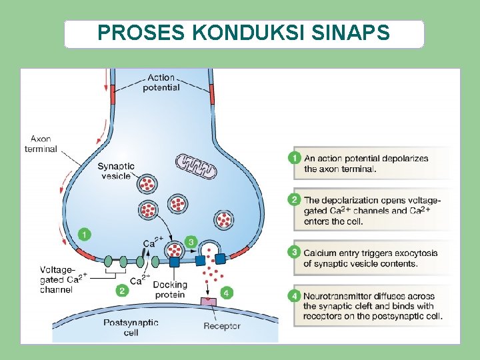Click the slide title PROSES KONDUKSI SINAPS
pyautogui.click(x=243, y=33)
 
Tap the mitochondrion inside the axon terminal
pyautogui.click(x=196, y=166)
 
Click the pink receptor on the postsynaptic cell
pyautogui.click(x=209, y=303)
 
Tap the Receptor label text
pyautogui.click(x=222, y=326)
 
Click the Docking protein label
pyautogui.click(x=170, y=290)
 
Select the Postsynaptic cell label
pyautogui.click(x=131, y=327)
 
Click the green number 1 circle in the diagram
pyautogui.click(x=84, y=234)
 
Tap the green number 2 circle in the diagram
pyautogui.click(x=121, y=291)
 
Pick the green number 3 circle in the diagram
pyautogui.click(x=191, y=241)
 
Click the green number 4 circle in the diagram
pyautogui.click(x=227, y=293)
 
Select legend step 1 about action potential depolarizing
pyautogui.click(x=366, y=163)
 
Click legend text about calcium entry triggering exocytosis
pyautogui.click(x=371, y=258)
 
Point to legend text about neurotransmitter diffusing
pyautogui.click(x=373, y=306)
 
